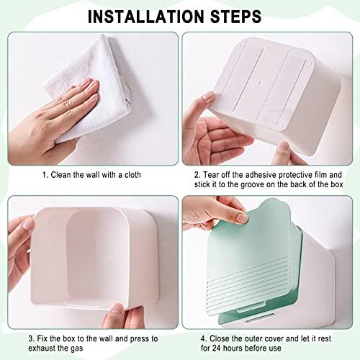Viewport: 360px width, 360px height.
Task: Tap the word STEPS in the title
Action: (x=235, y=17)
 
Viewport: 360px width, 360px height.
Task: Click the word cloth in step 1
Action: (x=132, y=174)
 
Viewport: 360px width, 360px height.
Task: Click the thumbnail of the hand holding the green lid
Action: (x=243, y=218)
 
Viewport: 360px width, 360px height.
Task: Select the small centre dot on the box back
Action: (x=261, y=84)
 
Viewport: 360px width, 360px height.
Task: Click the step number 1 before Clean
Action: (x=45, y=175)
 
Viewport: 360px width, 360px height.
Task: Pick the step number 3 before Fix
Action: (x=32, y=338)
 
